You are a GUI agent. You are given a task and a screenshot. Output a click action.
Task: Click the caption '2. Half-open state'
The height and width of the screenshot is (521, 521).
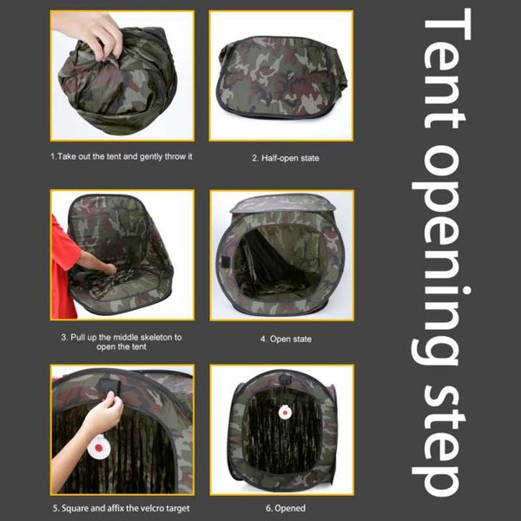click(x=281, y=158)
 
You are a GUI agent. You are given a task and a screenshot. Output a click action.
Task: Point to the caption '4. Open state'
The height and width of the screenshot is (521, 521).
click(x=280, y=339)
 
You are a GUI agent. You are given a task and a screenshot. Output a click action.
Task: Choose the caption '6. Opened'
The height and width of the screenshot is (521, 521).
click(x=280, y=508)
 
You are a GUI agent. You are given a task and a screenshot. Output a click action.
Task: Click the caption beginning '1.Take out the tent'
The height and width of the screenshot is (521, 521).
click(x=122, y=157)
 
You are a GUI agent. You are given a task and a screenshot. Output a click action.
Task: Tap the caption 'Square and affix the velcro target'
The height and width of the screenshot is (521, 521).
click(x=126, y=508)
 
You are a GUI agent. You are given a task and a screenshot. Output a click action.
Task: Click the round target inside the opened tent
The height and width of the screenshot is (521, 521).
click(x=281, y=412)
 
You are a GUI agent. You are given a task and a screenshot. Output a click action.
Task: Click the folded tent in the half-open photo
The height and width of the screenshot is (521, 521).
click(x=280, y=78)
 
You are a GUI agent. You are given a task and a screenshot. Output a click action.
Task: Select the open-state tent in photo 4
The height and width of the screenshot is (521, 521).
click(x=280, y=256)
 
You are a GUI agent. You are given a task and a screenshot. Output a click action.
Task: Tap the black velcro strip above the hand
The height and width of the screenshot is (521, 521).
click(x=112, y=382)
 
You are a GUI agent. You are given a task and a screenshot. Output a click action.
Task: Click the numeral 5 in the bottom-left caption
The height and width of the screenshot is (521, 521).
click(x=55, y=508)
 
